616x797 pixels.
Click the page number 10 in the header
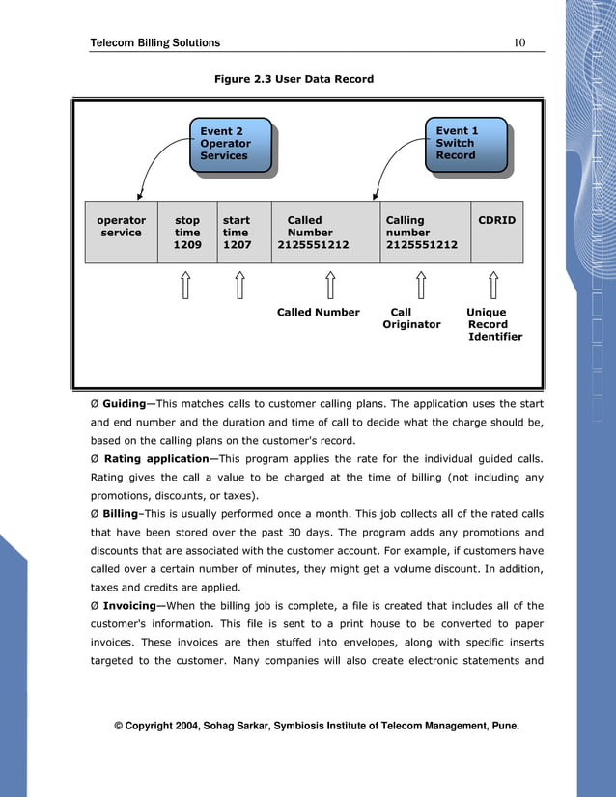click(519, 42)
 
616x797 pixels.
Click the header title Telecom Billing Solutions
click(154, 42)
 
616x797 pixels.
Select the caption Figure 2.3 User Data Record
click(294, 79)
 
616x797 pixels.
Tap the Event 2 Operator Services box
click(229, 144)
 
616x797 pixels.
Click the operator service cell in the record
click(122, 232)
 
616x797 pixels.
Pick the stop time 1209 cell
click(187, 233)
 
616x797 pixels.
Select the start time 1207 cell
click(237, 233)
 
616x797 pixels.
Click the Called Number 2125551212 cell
click(313, 233)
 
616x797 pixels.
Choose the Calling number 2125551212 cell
click(421, 233)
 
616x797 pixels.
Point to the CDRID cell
click(497, 221)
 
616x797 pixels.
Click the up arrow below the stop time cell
click(186, 285)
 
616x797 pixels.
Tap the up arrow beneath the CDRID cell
click(494, 285)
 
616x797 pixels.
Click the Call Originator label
click(411, 318)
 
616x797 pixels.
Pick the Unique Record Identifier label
click(494, 324)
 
